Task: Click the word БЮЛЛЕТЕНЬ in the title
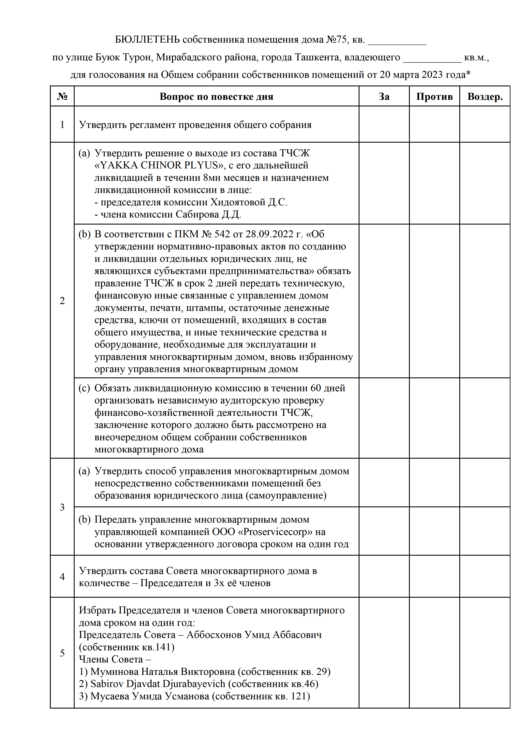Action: pyautogui.click(x=147, y=39)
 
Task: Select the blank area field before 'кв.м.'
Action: pyautogui.click(x=432, y=58)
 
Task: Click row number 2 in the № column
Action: pyautogui.click(x=62, y=300)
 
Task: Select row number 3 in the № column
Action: pyautogui.click(x=62, y=507)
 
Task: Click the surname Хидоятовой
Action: pyautogui.click(x=238, y=202)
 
